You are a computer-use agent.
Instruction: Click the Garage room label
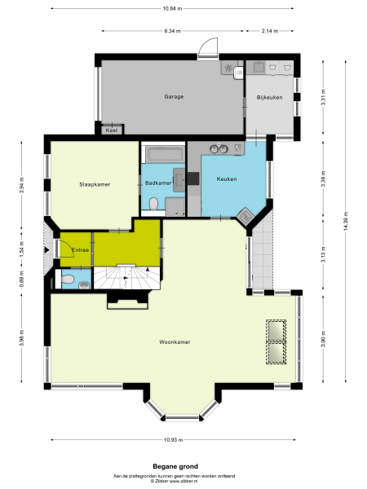(174, 96)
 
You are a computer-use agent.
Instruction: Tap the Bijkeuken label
(268, 98)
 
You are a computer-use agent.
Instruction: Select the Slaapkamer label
(95, 184)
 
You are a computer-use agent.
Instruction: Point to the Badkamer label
(158, 183)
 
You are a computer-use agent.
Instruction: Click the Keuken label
(226, 178)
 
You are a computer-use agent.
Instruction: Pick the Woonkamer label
(175, 342)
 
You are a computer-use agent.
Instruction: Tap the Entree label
(80, 249)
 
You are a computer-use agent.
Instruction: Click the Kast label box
(111, 130)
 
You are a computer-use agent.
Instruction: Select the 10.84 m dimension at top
(172, 8)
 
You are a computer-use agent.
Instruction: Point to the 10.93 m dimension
(171, 440)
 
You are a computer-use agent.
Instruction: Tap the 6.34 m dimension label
(172, 31)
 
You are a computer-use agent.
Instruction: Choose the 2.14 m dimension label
(271, 31)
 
